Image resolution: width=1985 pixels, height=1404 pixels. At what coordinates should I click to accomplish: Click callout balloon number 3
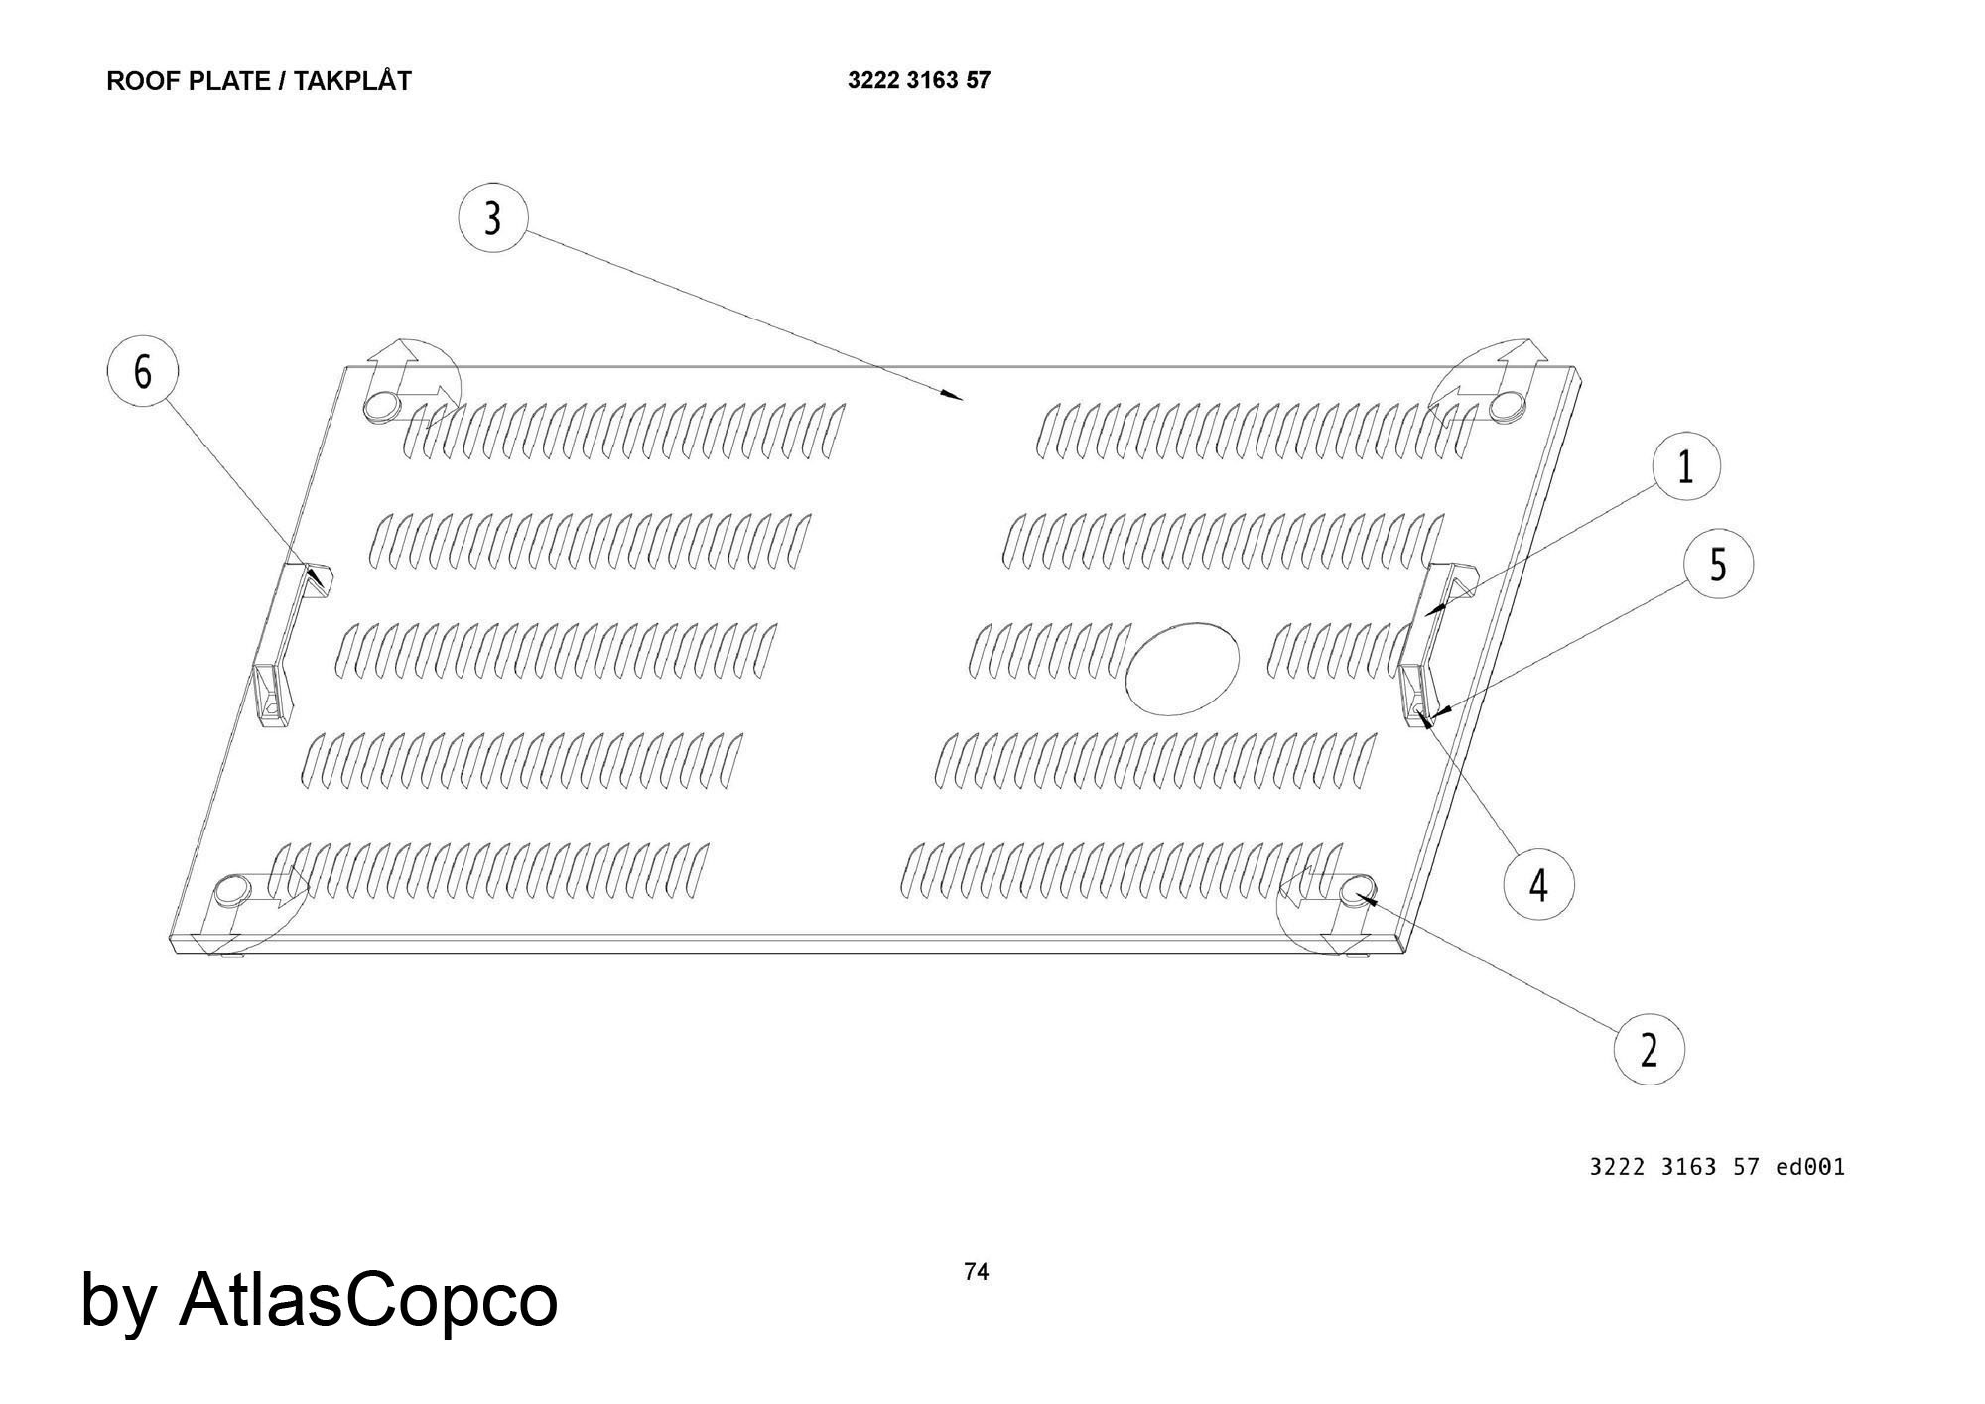493,217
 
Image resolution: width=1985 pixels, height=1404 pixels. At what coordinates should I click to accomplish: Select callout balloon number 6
143,373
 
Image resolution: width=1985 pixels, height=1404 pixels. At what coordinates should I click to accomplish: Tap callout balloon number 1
1685,465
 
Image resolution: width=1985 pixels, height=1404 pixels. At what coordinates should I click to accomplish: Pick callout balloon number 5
1718,564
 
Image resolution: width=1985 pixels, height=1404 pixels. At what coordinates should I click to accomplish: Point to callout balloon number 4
1537,884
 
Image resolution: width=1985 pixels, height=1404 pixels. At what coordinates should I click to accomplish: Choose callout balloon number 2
1649,1049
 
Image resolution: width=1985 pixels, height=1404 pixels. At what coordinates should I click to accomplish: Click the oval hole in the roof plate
1184,668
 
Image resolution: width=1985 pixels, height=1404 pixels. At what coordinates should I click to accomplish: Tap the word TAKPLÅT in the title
352,81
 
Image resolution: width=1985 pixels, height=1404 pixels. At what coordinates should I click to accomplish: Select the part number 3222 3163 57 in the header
918,80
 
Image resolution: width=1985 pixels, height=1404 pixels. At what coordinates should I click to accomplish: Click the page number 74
976,1271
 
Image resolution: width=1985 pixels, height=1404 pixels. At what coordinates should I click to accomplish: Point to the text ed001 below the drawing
1810,1167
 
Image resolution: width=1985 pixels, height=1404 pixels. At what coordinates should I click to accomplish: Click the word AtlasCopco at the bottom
368,1299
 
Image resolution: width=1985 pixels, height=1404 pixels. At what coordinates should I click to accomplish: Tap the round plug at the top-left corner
382,405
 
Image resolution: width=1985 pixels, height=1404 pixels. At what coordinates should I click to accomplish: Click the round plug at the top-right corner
1509,404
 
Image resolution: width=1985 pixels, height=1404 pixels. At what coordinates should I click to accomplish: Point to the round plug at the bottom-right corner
1357,889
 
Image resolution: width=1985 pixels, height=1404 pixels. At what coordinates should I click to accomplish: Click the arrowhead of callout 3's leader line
957,397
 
